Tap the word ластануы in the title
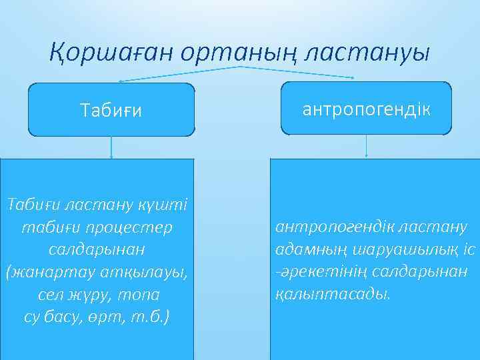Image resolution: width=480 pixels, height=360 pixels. tap(367, 51)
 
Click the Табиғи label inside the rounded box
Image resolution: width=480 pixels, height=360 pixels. tap(111, 110)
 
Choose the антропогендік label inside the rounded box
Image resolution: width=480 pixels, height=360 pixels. tap(367, 109)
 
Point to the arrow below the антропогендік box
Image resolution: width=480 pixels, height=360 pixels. tap(367, 147)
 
